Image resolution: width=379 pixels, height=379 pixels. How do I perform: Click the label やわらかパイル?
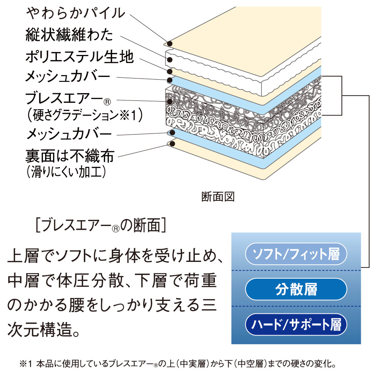coord(75,13)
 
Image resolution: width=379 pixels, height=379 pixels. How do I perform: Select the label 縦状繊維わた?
coord(69,35)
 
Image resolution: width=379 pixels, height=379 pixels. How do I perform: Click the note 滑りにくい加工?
coord(66,172)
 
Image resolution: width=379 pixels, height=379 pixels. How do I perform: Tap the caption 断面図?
coord(218,197)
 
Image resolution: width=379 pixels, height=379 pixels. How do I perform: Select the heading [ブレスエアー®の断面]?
coord(100,226)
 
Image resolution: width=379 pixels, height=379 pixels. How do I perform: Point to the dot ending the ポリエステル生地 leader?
coord(170,71)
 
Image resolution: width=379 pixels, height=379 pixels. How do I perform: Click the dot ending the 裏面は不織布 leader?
coord(171,144)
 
